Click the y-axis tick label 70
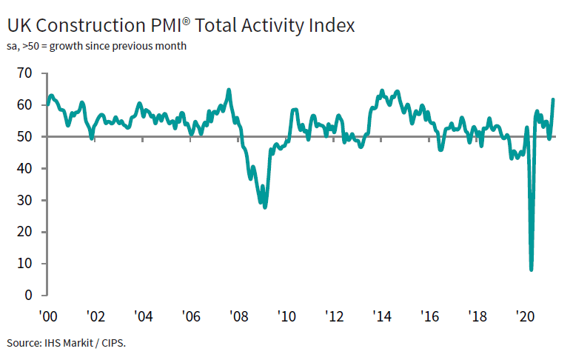click(x=24, y=73)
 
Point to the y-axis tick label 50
click(x=24, y=137)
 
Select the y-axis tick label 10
click(x=24, y=264)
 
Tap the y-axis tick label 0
click(x=29, y=296)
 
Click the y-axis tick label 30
click(x=24, y=201)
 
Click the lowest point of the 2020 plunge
click(x=532, y=270)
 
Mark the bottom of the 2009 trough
click(x=265, y=207)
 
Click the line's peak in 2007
click(x=229, y=90)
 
